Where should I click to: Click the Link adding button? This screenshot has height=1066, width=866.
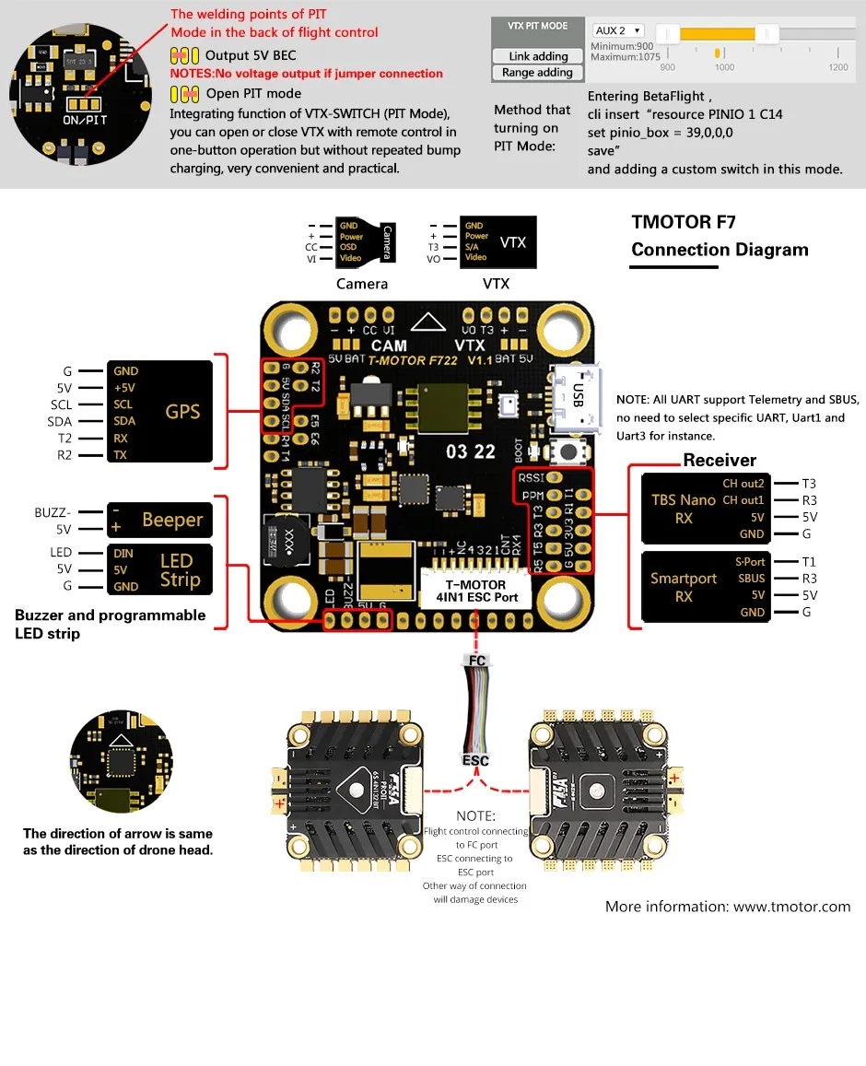tap(538, 56)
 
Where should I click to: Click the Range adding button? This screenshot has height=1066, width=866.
tap(537, 73)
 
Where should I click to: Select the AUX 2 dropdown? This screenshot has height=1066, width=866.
tap(618, 31)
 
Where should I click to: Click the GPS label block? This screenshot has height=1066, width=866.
tap(160, 412)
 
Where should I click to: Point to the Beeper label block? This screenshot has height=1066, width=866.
tap(160, 521)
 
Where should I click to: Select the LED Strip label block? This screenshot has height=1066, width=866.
tap(160, 569)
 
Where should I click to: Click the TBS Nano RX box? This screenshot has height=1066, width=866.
tap(706, 509)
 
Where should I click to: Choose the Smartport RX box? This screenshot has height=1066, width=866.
tap(706, 587)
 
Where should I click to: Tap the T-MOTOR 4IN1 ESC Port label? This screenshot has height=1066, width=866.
tap(475, 591)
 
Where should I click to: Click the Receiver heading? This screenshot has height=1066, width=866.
tap(720, 461)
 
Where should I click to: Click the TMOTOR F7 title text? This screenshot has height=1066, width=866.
tap(683, 222)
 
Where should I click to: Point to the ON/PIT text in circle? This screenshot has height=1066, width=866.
tap(85, 121)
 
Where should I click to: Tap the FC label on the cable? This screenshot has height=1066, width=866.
tap(476, 661)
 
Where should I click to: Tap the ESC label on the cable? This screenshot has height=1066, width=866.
tap(475, 760)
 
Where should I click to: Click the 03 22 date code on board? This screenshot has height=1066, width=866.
tap(470, 451)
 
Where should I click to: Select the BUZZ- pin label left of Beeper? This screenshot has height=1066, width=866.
tap(53, 512)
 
